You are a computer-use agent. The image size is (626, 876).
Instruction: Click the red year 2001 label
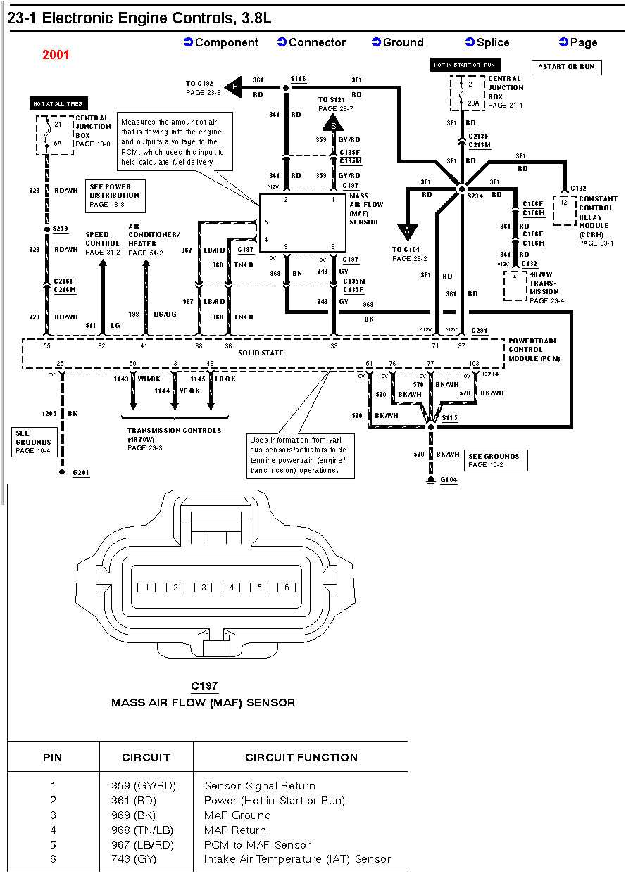click(x=56, y=55)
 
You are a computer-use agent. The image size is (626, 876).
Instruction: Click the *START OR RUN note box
click(x=566, y=67)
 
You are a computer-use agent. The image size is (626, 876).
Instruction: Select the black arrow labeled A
click(x=407, y=231)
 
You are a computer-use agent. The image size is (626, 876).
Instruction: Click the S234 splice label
click(x=476, y=196)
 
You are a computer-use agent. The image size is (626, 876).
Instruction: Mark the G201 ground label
click(x=81, y=474)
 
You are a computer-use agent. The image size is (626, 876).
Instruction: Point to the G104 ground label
click(x=449, y=480)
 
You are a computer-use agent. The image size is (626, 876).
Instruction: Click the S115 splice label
click(x=449, y=418)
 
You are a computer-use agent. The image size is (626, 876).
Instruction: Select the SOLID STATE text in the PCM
click(x=260, y=353)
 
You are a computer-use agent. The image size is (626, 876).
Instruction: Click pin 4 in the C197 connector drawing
click(x=231, y=587)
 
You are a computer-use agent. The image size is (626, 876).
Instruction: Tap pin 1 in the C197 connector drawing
click(x=146, y=587)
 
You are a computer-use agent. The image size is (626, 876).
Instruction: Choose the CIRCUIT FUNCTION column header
click(x=301, y=757)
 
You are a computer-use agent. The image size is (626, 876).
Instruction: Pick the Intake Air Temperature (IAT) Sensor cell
click(x=297, y=859)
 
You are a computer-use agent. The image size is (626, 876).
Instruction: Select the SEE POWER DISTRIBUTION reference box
click(x=115, y=195)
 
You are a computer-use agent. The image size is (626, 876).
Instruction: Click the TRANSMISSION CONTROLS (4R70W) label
click(x=174, y=434)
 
